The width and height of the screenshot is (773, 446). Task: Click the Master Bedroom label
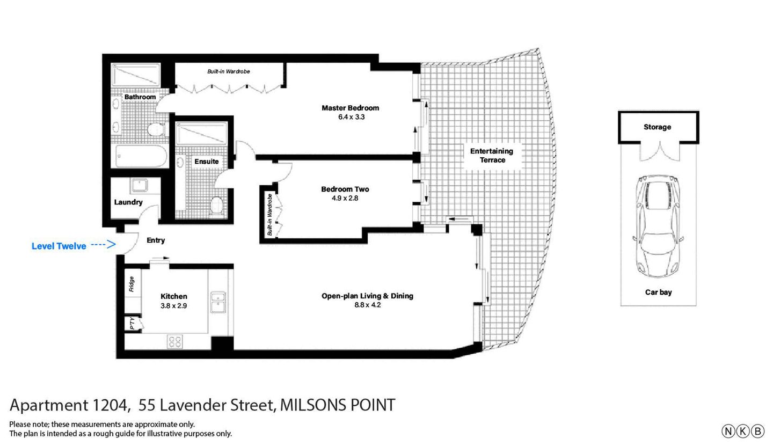[350, 108]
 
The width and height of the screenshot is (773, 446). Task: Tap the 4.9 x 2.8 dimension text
[345, 198]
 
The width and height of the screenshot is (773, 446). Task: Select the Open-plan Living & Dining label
[367, 296]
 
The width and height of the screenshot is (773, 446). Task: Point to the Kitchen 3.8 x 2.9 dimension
[173, 306]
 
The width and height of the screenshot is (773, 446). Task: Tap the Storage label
[657, 127]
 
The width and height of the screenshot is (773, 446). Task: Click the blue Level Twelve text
[59, 246]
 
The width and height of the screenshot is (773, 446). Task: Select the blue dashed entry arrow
[103, 245]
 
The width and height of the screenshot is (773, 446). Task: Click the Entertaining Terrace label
[492, 155]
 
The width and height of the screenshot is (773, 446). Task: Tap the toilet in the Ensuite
[217, 205]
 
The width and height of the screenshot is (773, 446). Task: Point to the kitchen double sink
[218, 302]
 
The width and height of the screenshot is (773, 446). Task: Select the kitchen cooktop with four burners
[175, 341]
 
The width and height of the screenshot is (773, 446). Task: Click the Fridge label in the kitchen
[131, 284]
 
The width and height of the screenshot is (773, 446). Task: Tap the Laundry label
[128, 202]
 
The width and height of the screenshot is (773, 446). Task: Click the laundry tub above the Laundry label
[140, 186]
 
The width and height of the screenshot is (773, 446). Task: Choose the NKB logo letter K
[743, 431]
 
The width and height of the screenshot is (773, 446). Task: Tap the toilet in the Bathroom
[156, 129]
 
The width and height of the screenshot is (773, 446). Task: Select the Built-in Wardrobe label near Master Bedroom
[229, 71]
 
